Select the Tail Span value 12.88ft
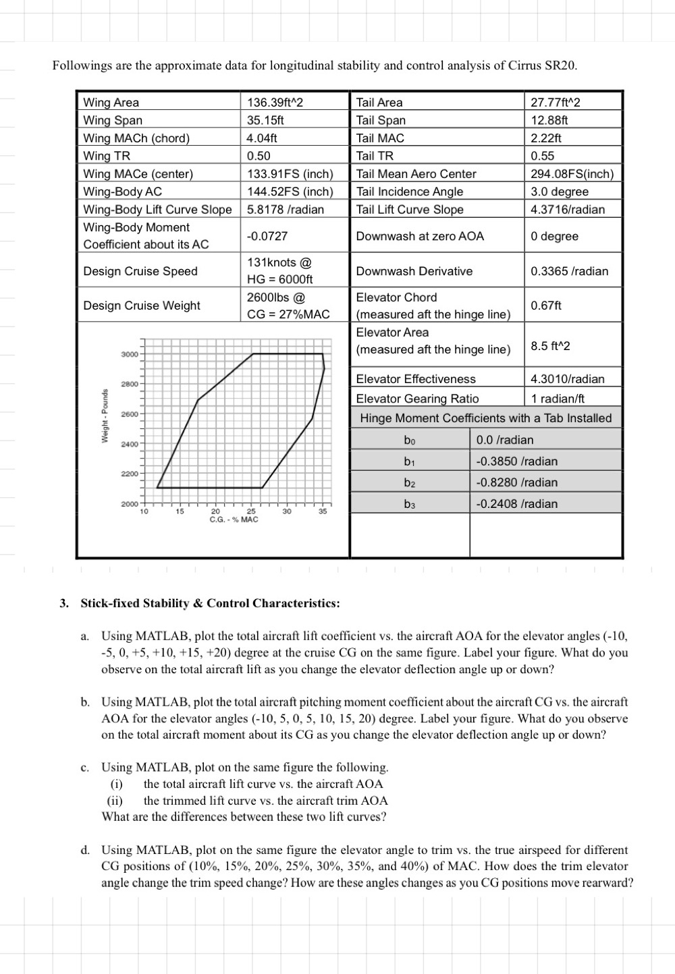tap(549, 120)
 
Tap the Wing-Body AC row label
tap(122, 192)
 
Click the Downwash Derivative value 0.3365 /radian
tap(569, 271)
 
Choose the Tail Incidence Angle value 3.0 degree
tap(560, 192)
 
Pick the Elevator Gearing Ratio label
tap(417, 399)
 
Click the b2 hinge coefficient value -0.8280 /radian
tap(516, 482)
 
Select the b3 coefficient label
tap(410, 504)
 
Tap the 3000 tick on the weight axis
tap(129, 354)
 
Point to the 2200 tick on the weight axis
tap(129, 474)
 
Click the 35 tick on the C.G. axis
tap(323, 512)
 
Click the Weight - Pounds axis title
tap(105, 416)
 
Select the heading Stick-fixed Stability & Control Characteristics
tap(210, 603)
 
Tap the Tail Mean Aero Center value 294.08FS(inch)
tap(572, 174)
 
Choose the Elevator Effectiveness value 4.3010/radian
tap(568, 379)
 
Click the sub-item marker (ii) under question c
tap(115, 801)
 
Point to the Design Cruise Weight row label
tap(142, 306)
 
